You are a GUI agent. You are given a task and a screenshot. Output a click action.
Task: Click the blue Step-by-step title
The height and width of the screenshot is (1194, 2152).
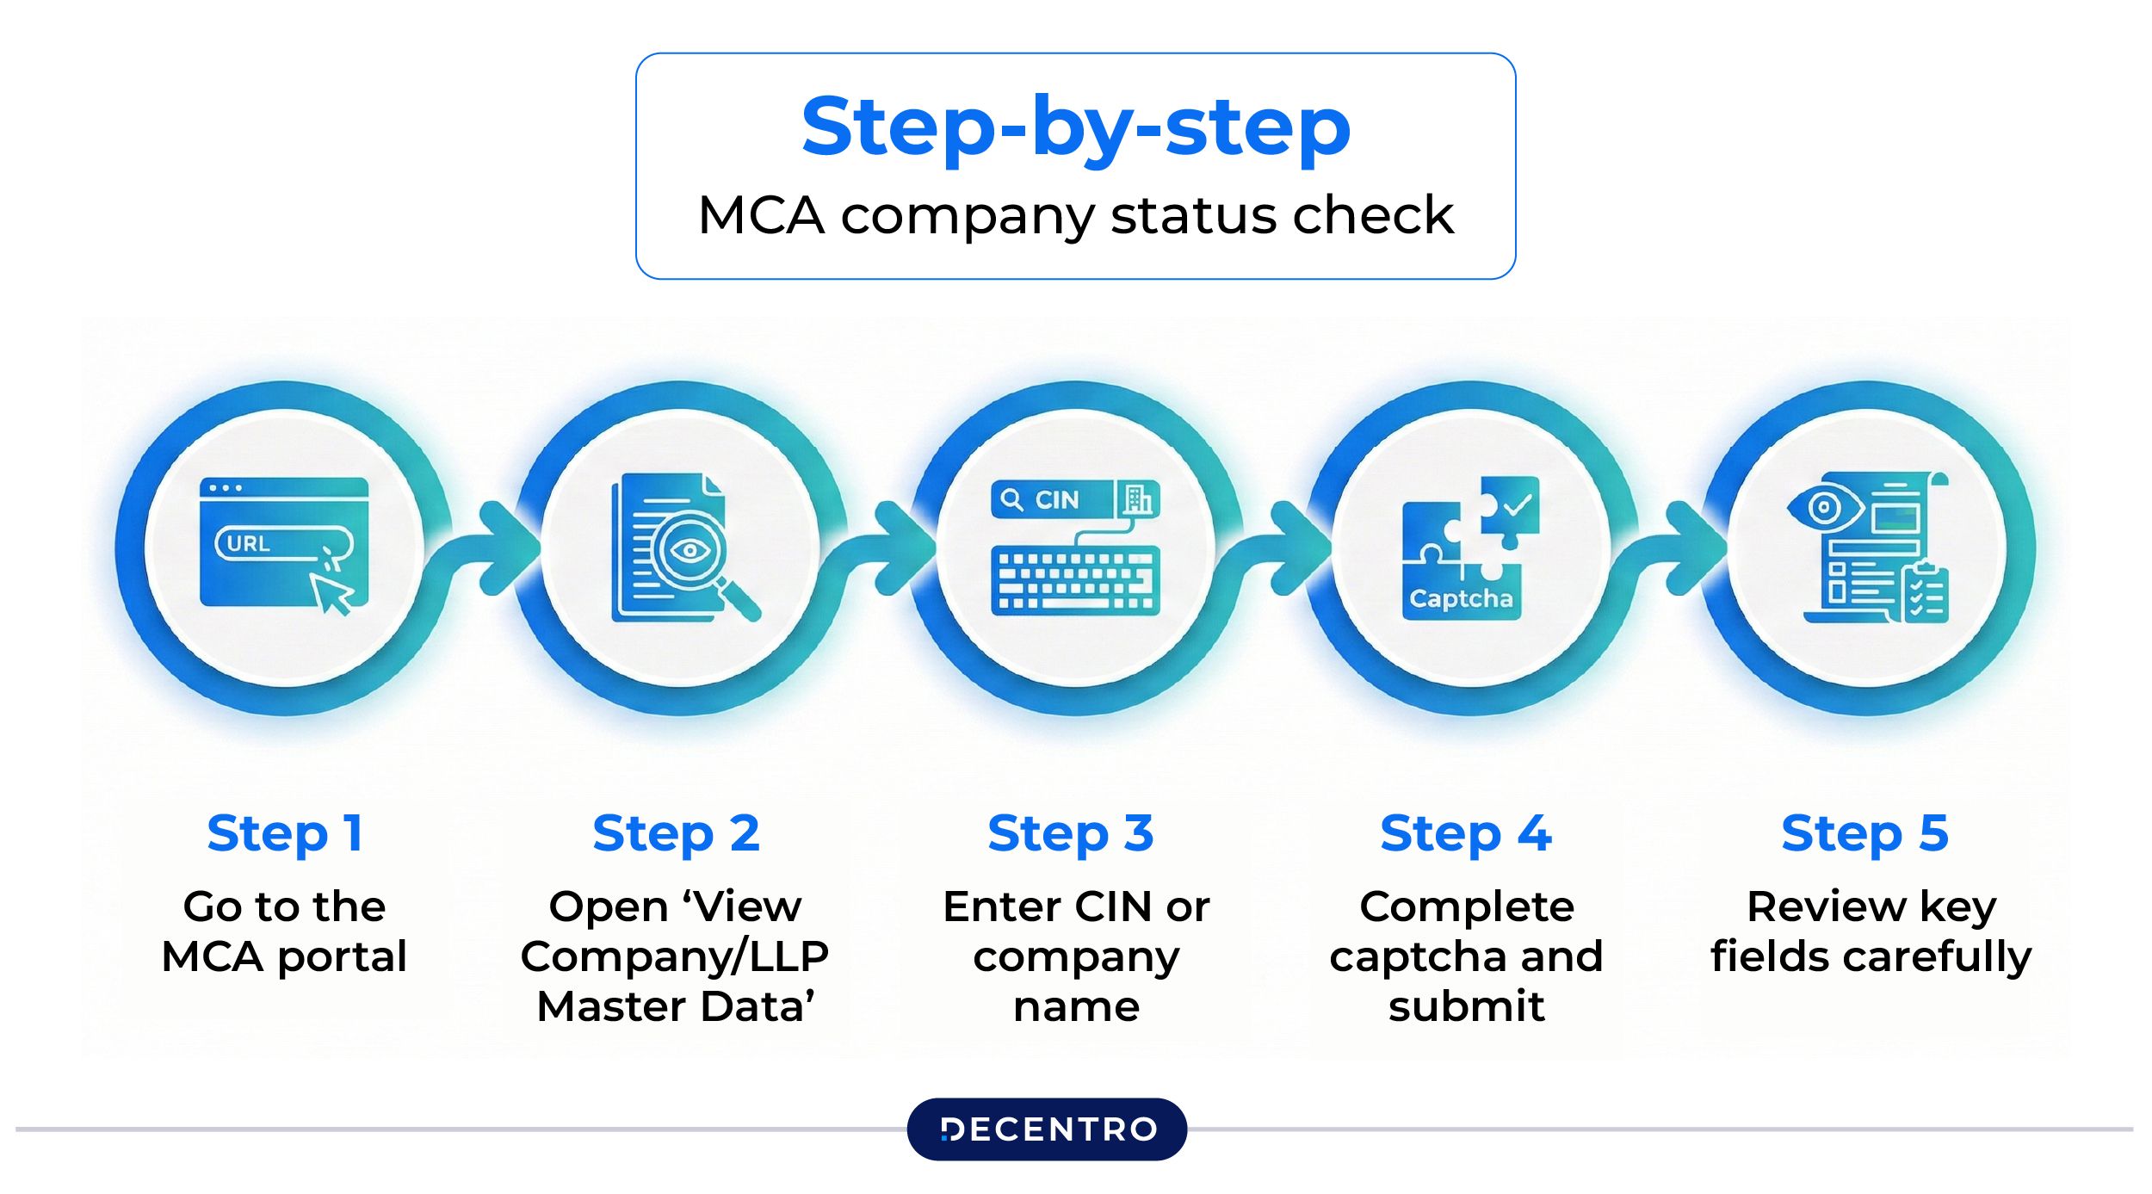(1075, 129)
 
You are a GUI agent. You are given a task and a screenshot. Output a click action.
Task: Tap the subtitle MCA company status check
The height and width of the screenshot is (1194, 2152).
(1075, 215)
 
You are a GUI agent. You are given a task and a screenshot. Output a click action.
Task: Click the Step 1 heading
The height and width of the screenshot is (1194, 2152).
(284, 833)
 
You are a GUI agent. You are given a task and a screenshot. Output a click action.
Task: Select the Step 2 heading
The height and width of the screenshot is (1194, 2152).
(676, 833)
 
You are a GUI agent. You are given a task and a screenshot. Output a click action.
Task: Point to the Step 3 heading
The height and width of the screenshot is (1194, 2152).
(1070, 833)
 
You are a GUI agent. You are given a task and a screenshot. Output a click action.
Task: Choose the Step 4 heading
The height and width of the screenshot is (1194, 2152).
(1465, 833)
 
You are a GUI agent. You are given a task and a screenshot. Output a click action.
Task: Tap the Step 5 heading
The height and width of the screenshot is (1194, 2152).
(1864, 833)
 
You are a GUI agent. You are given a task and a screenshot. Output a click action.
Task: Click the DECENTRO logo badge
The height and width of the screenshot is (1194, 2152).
(1047, 1129)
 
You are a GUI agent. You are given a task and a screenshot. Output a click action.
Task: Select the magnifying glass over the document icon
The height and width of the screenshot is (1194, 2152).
(694, 555)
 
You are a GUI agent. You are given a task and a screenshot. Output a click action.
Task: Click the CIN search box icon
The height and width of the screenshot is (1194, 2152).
(1052, 499)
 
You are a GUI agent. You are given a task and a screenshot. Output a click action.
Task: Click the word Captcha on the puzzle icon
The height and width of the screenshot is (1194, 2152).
(1461, 598)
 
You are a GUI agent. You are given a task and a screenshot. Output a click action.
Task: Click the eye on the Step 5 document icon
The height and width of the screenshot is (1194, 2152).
(1823, 507)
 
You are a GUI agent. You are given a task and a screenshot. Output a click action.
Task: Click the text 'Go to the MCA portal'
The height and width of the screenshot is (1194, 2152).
(284, 931)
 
